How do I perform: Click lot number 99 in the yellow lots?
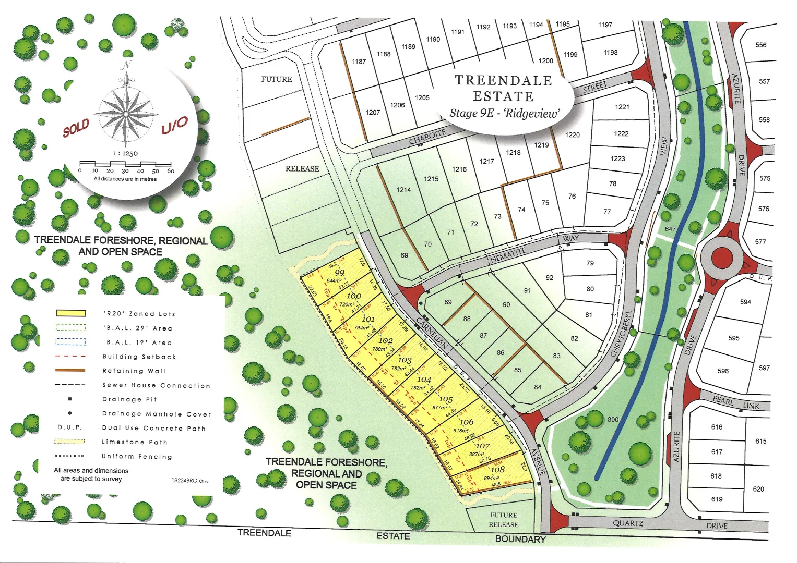point(340,273)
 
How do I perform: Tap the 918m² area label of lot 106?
point(461,431)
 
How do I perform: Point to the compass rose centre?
point(126,114)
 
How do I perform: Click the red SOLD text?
point(76,128)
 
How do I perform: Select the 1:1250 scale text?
point(125,153)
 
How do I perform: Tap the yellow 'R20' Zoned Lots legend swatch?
point(71,313)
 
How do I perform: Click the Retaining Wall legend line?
point(70,371)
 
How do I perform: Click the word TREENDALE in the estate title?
point(503,80)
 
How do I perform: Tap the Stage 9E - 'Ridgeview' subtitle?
point(504,113)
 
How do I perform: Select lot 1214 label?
point(403,190)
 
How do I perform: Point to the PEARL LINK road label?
point(736,402)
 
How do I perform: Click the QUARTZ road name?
point(628,523)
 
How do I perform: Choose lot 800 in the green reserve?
point(613,419)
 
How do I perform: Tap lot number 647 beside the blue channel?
point(670,229)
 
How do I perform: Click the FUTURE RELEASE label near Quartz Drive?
point(504,520)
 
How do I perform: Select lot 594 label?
point(745,302)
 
